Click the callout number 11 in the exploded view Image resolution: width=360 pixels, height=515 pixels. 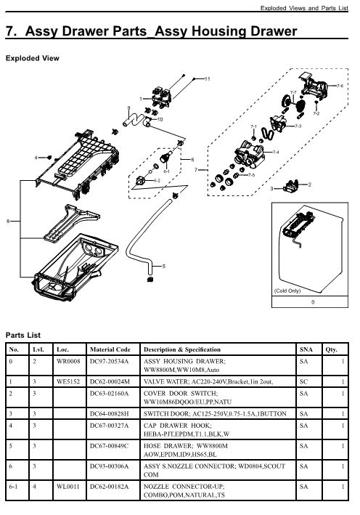click(x=207, y=78)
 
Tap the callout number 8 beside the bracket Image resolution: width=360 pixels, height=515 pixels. click(x=8, y=221)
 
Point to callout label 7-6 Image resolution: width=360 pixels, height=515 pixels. click(x=340, y=86)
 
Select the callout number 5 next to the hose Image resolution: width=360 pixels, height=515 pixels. click(x=163, y=267)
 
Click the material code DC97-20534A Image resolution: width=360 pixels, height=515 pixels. click(x=109, y=361)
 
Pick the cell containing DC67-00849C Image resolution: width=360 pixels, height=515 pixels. click(x=109, y=445)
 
